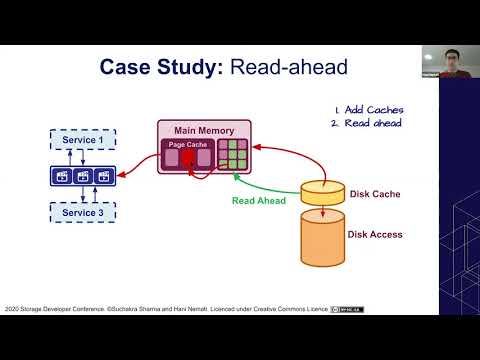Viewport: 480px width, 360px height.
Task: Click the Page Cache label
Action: pyautogui.click(x=186, y=145)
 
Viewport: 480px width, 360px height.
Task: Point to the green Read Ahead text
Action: pyautogui.click(x=259, y=200)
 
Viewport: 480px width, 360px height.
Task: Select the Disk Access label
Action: pyautogui.click(x=375, y=235)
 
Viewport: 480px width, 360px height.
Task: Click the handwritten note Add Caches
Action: pyautogui.click(x=373, y=109)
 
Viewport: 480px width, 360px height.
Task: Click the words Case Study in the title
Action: pyautogui.click(x=162, y=68)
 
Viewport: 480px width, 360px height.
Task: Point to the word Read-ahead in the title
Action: pyautogui.click(x=287, y=68)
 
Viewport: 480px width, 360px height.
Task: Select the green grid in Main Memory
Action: pyautogui.click(x=232, y=152)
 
